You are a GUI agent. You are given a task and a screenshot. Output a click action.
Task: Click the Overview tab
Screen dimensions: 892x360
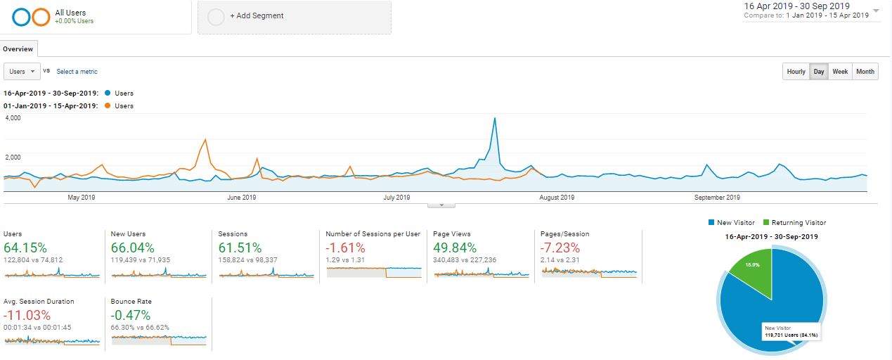pos(18,49)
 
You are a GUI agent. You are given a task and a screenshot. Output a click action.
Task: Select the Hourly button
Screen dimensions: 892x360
pos(796,72)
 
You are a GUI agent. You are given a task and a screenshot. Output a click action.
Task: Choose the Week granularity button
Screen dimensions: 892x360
pos(840,72)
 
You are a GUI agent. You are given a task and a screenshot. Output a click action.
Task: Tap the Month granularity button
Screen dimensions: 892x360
pos(865,72)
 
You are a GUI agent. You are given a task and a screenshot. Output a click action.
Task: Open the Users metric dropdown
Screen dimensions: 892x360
pos(22,72)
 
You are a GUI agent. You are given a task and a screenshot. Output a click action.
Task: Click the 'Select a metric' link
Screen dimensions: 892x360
pos(77,72)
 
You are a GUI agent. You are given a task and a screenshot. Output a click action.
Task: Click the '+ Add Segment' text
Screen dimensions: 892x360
pos(257,16)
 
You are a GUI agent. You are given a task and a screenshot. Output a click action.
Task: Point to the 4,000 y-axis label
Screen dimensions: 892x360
pos(13,118)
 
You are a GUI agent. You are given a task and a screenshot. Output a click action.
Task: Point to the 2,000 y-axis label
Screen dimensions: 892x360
pos(13,157)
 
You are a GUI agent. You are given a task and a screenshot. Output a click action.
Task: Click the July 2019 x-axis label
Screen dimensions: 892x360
pos(396,198)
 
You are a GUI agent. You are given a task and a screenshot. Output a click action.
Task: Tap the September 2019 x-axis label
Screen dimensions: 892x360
pos(717,198)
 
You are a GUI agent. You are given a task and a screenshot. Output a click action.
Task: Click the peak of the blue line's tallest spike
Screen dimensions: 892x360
pos(495,118)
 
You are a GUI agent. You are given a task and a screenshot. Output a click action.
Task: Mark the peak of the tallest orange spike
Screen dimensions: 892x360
pos(205,139)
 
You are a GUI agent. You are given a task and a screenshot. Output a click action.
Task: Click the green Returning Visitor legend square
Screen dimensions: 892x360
pos(766,223)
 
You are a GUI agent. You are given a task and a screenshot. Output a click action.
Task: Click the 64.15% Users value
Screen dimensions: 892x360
pos(25,247)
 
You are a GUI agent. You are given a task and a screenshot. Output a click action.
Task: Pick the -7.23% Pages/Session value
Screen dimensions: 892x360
pos(560,247)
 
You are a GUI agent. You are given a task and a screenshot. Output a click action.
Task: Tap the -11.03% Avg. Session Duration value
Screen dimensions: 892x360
pos(27,316)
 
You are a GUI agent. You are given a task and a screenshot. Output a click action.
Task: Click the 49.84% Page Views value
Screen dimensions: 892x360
pos(455,247)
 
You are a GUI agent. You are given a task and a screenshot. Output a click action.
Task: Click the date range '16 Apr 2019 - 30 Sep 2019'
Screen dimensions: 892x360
pos(797,6)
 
